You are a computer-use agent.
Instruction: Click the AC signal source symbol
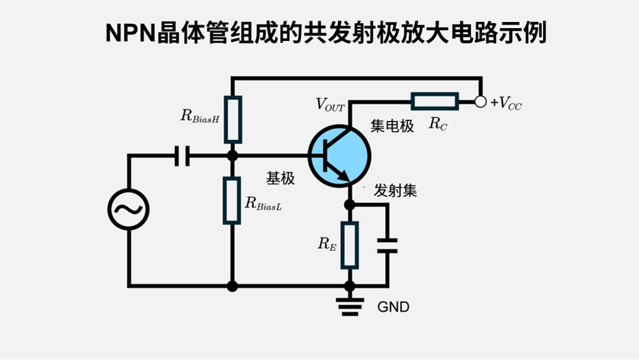click(x=128, y=209)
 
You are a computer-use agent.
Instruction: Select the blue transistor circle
click(x=339, y=156)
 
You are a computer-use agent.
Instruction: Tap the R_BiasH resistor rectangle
click(x=232, y=119)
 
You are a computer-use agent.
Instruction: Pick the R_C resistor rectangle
click(x=434, y=101)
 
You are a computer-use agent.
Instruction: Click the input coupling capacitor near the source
click(x=182, y=155)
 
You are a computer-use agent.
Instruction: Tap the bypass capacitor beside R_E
click(x=387, y=246)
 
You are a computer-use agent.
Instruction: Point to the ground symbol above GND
click(x=350, y=305)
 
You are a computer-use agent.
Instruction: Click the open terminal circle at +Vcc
click(x=481, y=101)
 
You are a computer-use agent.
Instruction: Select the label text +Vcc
click(x=506, y=103)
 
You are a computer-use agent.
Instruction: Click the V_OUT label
click(x=330, y=105)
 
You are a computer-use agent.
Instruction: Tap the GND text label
click(x=393, y=307)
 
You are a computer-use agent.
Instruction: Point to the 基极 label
click(x=280, y=178)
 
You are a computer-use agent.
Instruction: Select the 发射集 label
click(x=395, y=191)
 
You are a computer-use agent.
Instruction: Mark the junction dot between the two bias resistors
click(x=232, y=155)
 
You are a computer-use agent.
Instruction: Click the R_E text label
click(x=327, y=244)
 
